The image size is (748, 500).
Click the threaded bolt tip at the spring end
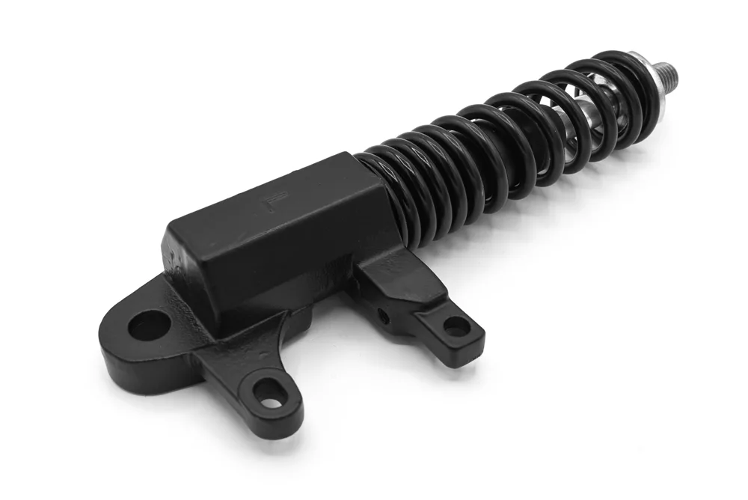[x=668, y=72]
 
